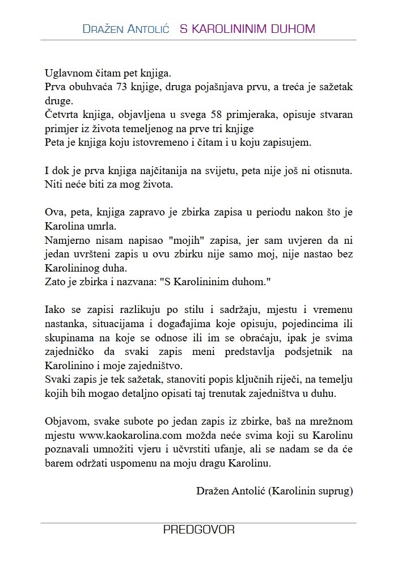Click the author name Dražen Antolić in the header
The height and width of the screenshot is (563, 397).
coord(125,28)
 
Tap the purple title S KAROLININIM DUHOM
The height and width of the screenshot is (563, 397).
coord(247,28)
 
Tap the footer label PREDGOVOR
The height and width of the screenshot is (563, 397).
coord(198,531)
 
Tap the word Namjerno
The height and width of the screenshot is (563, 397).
coord(65,238)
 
